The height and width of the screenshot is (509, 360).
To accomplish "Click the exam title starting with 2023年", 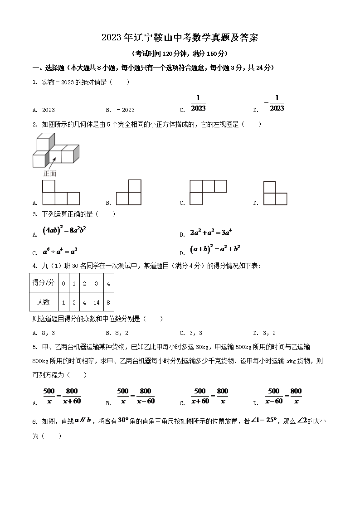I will (x=180, y=38).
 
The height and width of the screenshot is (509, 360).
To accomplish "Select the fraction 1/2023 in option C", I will (x=198, y=103).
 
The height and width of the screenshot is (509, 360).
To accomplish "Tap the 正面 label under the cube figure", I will (x=50, y=173).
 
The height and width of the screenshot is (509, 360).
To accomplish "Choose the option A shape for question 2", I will (x=61, y=193).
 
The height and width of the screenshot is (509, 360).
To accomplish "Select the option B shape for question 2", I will (x=129, y=193).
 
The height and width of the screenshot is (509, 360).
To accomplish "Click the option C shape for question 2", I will (x=208, y=192).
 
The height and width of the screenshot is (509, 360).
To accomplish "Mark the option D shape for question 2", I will (x=275, y=194).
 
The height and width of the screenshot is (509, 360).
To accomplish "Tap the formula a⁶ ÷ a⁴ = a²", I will (x=60, y=251).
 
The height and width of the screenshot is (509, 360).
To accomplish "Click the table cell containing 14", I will (x=96, y=302).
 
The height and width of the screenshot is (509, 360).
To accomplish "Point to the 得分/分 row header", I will (x=44, y=283).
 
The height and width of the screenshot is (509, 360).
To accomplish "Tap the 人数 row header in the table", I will (x=44, y=302).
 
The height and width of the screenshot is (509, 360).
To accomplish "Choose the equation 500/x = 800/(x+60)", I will (x=62, y=396).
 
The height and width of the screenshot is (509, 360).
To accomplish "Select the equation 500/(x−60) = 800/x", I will (x=282, y=396).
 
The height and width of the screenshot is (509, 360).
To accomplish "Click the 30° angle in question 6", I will (x=124, y=420).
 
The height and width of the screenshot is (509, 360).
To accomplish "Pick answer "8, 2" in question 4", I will (x=122, y=333).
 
